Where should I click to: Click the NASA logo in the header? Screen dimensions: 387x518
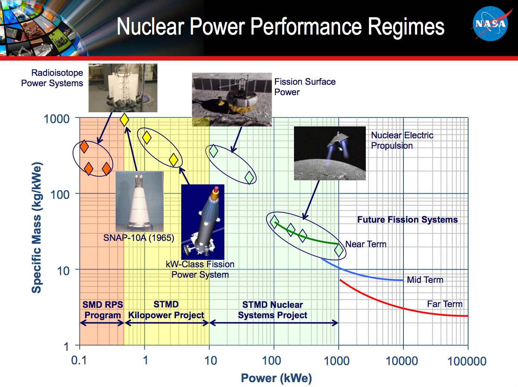pos(490,24)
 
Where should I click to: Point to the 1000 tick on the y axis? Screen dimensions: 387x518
pos(57,119)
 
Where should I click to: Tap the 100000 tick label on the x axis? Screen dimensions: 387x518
pos(467,361)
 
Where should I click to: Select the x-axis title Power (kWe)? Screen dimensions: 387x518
pos(276,378)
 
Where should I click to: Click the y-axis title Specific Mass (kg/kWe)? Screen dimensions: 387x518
pos(36,228)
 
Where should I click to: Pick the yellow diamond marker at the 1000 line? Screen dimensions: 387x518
pos(124,120)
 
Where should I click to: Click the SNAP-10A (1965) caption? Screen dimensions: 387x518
pos(138,238)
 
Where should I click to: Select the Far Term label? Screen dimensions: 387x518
pos(444,304)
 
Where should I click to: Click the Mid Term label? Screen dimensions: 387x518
pos(425,280)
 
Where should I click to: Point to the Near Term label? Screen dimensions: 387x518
pos(366,244)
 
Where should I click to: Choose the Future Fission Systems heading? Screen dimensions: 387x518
pos(407,220)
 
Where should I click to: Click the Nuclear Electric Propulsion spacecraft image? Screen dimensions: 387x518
pos(330,153)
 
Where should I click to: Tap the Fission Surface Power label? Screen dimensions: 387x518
pos(305,87)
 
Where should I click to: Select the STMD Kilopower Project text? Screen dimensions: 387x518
pos(166,310)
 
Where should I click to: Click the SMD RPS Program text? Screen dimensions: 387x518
pos(103,310)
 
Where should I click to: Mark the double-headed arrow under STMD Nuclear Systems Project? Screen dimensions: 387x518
pos(274,323)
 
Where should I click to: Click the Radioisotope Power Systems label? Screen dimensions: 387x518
pos(52,78)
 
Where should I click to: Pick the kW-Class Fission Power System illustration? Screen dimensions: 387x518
pos(203,222)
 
